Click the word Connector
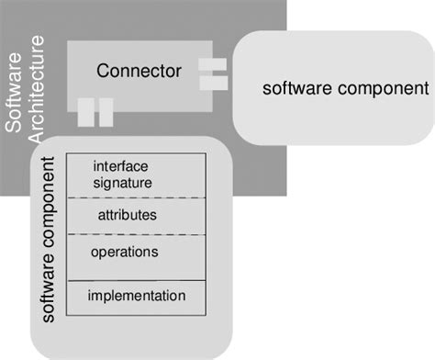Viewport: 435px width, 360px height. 139,70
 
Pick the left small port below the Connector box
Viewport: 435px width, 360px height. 85,112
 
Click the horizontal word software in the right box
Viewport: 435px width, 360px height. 297,89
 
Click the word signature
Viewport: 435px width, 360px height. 122,182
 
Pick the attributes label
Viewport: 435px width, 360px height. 127,215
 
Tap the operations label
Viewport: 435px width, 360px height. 125,251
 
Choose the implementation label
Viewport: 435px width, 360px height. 137,296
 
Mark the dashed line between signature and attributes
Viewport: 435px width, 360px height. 137,197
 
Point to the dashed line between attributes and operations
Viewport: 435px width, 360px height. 137,234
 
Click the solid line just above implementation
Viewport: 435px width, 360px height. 137,280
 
